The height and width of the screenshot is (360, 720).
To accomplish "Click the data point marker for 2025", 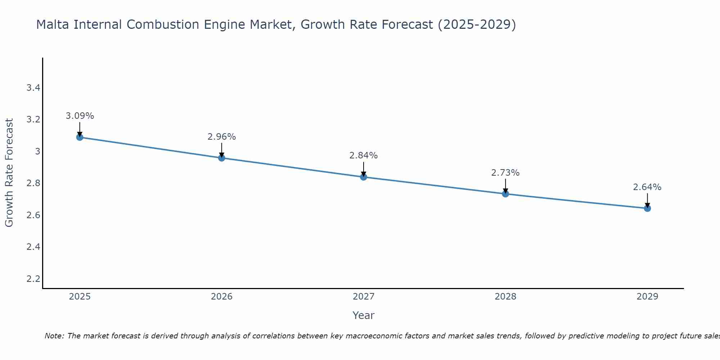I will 80,137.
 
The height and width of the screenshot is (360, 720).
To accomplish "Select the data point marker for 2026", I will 222,158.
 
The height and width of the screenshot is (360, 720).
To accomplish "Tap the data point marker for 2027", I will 364,177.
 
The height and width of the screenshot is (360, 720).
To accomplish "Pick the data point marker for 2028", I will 505,194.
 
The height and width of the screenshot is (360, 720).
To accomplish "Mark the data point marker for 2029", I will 647,208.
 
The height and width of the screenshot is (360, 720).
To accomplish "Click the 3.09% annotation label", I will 80,116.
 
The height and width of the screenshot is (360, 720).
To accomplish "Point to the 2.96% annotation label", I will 222,137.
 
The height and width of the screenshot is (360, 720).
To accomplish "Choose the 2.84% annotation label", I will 364,156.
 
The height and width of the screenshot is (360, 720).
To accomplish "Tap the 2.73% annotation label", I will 505,173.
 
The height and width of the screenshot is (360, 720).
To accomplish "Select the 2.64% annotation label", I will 647,187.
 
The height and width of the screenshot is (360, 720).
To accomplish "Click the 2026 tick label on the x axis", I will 222,297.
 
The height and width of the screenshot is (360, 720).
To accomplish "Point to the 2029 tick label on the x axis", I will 647,297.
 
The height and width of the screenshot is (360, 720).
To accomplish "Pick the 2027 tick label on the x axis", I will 364,297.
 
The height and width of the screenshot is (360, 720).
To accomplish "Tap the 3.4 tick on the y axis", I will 33,88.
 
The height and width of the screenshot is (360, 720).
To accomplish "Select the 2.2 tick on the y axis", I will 33,279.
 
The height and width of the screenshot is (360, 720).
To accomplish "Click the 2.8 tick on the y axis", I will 33,183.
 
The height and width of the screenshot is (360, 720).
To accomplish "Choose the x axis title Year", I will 364,315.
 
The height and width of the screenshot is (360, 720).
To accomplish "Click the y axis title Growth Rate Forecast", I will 9,173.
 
